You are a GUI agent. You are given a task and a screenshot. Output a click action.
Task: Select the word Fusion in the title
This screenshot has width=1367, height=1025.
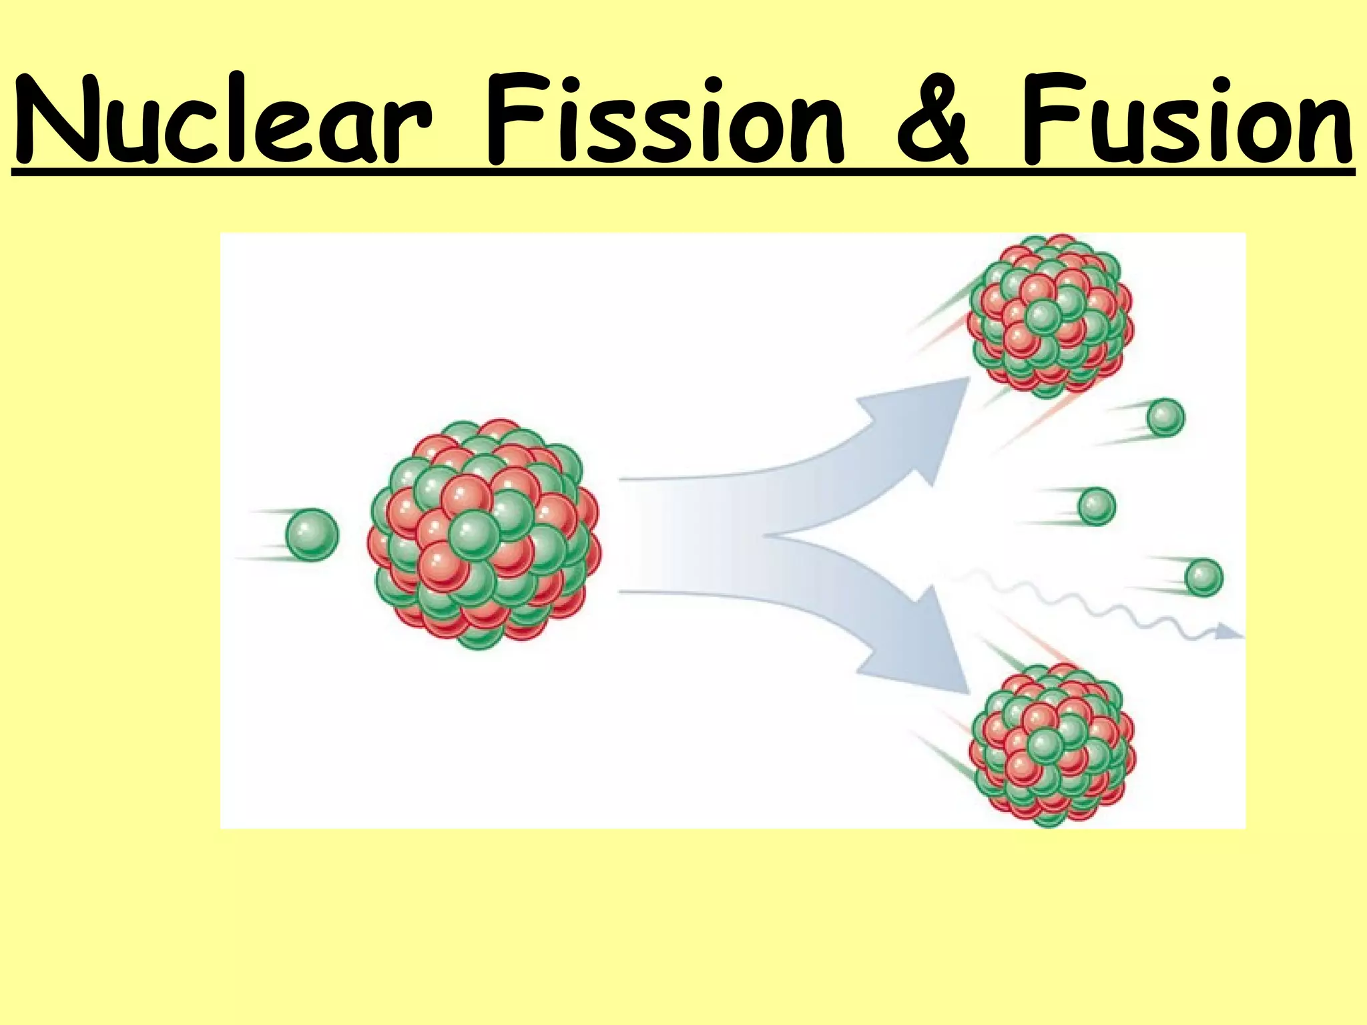tap(1185, 120)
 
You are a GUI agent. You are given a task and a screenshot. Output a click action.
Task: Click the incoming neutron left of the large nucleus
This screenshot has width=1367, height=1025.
tap(312, 535)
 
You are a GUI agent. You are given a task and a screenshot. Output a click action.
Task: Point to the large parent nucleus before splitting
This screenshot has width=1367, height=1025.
tap(484, 534)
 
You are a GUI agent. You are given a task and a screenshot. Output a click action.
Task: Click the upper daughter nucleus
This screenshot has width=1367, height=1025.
tap(1050, 317)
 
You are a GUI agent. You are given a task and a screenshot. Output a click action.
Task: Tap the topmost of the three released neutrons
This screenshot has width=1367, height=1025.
tap(1165, 418)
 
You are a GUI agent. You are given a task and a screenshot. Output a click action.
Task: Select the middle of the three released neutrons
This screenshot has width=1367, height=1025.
tap(1097, 506)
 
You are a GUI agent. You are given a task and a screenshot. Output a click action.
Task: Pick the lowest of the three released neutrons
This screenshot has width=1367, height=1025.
tap(1203, 577)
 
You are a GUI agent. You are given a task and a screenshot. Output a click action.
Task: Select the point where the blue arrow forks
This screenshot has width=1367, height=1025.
tap(768, 535)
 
